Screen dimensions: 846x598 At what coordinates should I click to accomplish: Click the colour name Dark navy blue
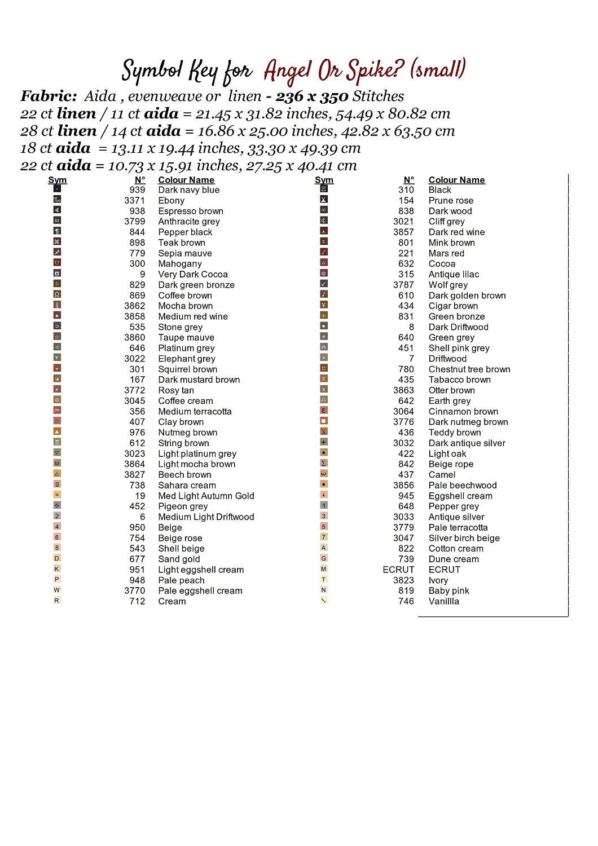pyautogui.click(x=188, y=190)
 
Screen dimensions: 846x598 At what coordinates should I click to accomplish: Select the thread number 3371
pyautogui.click(x=135, y=201)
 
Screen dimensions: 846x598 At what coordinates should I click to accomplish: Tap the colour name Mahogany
pyautogui.click(x=179, y=264)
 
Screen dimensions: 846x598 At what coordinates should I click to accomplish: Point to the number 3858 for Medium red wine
pyautogui.click(x=135, y=317)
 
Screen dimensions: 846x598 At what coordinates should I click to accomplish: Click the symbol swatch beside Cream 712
pyautogui.click(x=57, y=601)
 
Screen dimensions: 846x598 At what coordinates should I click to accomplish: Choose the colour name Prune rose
pyautogui.click(x=451, y=201)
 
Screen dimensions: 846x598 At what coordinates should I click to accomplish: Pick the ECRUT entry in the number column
pyautogui.click(x=398, y=570)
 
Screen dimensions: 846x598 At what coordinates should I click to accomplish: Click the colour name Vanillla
pyautogui.click(x=443, y=601)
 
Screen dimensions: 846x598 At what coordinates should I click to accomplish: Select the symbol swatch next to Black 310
pyautogui.click(x=324, y=189)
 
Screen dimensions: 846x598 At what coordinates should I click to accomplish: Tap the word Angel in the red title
pyautogui.click(x=288, y=71)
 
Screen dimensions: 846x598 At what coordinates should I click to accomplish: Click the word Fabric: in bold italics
pyautogui.click(x=49, y=96)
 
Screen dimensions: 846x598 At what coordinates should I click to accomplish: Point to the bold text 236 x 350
pyautogui.click(x=311, y=96)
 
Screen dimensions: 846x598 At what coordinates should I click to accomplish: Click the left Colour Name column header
pyautogui.click(x=186, y=180)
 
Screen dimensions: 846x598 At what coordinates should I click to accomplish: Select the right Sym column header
pyautogui.click(x=324, y=180)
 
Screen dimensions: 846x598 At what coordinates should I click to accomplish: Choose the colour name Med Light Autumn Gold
pyautogui.click(x=206, y=496)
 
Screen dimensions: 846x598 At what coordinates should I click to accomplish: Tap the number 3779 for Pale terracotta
pyautogui.click(x=403, y=527)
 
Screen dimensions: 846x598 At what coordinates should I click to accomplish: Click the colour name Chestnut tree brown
pyautogui.click(x=469, y=369)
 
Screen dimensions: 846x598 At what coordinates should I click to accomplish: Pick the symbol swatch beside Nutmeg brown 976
pyautogui.click(x=57, y=431)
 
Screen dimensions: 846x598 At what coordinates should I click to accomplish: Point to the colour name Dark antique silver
pyautogui.click(x=467, y=443)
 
